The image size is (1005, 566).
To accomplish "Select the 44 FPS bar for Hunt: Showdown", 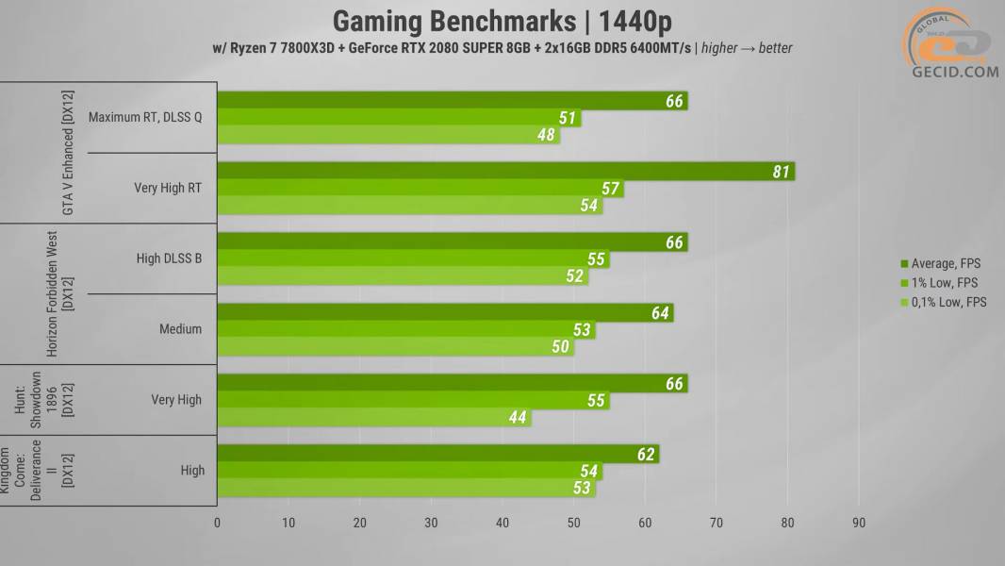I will [373, 417].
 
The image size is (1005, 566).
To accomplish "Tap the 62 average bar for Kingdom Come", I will [437, 454].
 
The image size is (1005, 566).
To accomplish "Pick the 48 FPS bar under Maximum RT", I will [388, 135].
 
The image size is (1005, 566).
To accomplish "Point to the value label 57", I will [610, 189].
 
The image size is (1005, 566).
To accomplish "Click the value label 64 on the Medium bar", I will [660, 312].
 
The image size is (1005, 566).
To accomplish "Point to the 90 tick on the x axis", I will [858, 523].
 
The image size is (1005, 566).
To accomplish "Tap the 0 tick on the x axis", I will [217, 523].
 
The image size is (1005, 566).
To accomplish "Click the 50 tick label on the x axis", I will [573, 523].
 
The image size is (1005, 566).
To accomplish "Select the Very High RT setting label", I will [168, 188].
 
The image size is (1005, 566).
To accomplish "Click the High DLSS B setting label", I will [169, 258].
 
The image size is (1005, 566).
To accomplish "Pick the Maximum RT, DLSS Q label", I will [144, 117].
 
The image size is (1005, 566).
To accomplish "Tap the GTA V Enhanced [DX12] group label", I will [68, 153].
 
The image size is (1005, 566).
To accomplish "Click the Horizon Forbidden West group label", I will [59, 293].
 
